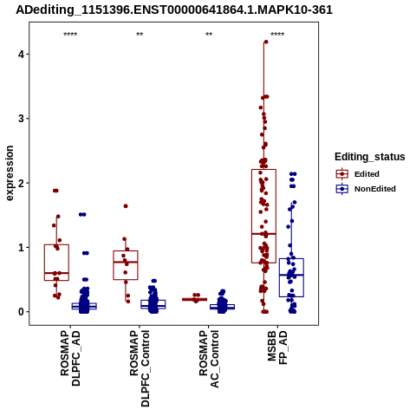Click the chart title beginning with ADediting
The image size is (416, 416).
pyautogui.click(x=174, y=10)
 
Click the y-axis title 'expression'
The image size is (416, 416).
pyautogui.click(x=10, y=173)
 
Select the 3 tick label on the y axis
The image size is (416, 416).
pyautogui.click(x=22, y=119)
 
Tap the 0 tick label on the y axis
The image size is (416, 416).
pyautogui.click(x=22, y=312)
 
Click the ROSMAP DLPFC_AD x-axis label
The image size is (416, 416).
pyautogui.click(x=70, y=358)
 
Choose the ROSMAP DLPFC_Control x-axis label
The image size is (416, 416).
pyautogui.click(x=140, y=368)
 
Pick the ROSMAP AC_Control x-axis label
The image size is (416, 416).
pyautogui.click(x=209, y=359)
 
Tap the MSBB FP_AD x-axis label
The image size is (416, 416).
pyautogui.click(x=277, y=348)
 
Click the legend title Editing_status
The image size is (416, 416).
pyautogui.click(x=370, y=157)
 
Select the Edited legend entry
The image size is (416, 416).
pyautogui.click(x=358, y=174)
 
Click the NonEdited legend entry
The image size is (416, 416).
pyautogui.click(x=366, y=189)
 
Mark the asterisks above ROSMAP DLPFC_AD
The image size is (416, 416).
pyautogui.click(x=70, y=35)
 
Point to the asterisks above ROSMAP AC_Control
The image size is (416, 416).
pyautogui.click(x=209, y=35)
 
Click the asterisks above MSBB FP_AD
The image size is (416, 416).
pyautogui.click(x=277, y=35)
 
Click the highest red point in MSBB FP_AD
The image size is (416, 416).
pyautogui.click(x=266, y=42)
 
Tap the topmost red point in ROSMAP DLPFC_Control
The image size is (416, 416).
pyautogui.click(x=126, y=206)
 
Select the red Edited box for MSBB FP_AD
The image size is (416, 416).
pyautogui.click(x=263, y=216)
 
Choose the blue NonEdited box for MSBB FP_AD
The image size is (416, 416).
pyautogui.click(x=291, y=277)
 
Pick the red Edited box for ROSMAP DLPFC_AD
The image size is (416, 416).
pyautogui.click(x=56, y=263)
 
